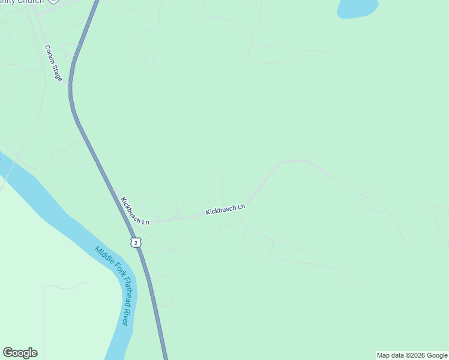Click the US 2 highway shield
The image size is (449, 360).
click(x=136, y=242)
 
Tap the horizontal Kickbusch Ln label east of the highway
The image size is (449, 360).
click(x=226, y=209)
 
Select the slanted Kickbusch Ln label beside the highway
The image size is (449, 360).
click(x=134, y=211)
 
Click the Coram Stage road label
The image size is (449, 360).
click(x=53, y=63)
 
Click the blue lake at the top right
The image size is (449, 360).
click(x=358, y=8)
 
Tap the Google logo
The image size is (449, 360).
click(x=20, y=353)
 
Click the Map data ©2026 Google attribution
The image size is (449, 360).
click(x=412, y=355)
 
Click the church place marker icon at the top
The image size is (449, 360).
click(x=53, y=1)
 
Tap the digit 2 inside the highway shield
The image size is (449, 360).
click(x=136, y=242)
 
